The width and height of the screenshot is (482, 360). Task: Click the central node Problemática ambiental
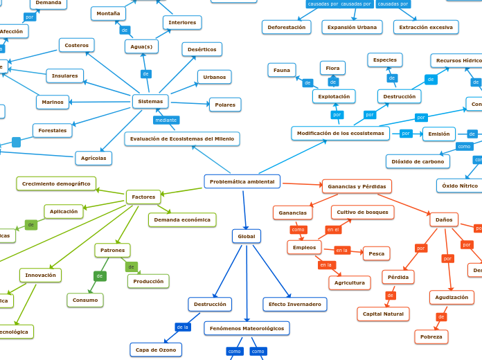click(x=242, y=181)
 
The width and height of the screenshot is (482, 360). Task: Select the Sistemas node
click(x=150, y=102)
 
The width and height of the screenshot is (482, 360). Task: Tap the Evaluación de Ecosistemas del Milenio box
click(x=182, y=139)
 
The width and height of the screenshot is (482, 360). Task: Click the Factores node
click(x=143, y=197)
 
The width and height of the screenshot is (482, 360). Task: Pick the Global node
click(x=247, y=237)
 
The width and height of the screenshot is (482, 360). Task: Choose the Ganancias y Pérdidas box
click(x=357, y=186)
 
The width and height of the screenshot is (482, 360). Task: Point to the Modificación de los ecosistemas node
click(x=340, y=134)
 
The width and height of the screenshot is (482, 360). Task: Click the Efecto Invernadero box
click(x=294, y=305)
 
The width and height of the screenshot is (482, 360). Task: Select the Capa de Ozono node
click(x=156, y=350)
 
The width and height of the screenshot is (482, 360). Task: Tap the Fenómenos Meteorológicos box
click(x=247, y=328)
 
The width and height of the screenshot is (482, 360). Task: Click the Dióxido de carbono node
click(x=418, y=161)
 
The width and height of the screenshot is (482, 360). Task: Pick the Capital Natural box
click(x=383, y=314)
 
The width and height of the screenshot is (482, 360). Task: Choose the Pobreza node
click(x=431, y=337)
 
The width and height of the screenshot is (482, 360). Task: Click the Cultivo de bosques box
click(x=362, y=213)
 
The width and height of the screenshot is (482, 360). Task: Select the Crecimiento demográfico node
click(x=56, y=183)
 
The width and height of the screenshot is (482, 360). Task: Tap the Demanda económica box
click(x=182, y=220)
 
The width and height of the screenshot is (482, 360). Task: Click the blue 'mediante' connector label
click(x=166, y=120)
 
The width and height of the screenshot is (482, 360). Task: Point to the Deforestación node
click(x=286, y=27)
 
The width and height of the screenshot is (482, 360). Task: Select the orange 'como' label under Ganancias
click(x=298, y=230)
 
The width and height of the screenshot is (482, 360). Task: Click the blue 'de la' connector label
click(x=182, y=327)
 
